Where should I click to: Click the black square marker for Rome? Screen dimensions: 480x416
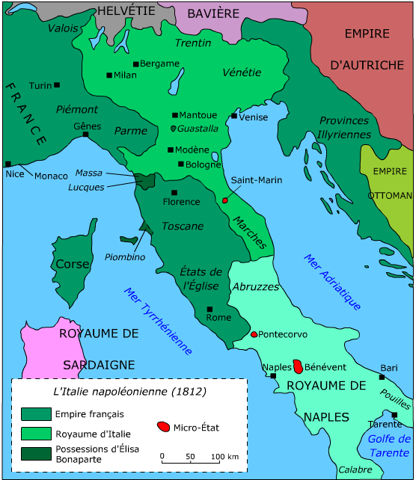209,309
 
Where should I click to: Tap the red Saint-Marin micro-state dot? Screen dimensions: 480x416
225,200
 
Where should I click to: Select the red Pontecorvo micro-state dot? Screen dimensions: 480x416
254,334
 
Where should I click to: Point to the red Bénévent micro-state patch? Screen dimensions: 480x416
298,366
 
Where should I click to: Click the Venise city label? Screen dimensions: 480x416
254,117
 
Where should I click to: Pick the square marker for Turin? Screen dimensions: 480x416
57,84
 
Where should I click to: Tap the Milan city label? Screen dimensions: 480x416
125,76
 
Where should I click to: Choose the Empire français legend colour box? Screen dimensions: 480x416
34,413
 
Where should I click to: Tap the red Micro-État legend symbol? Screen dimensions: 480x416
162,427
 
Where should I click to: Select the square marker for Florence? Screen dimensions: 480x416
174,192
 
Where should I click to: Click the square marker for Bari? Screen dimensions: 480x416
382,378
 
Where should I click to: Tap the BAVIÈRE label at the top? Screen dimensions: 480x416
213,13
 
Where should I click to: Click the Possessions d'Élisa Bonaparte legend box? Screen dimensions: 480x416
34,452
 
